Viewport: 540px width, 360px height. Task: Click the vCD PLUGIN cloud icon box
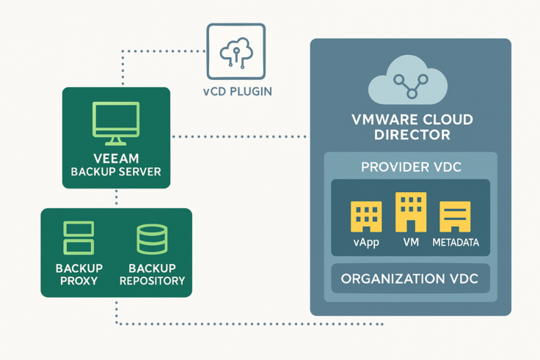coord(236,51)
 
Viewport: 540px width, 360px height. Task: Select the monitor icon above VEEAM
coord(116,123)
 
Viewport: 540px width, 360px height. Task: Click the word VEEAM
coord(116,158)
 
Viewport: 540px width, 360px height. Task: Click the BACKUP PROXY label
coord(79,274)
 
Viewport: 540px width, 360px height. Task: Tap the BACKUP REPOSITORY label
coord(152,274)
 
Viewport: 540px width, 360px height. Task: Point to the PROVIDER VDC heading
coord(411,167)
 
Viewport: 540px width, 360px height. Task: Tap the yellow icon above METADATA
coord(455,217)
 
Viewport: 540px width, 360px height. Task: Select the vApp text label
coord(365,242)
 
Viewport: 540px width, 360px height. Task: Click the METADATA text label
coord(455,242)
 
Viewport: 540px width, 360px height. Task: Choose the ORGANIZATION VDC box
coord(411,279)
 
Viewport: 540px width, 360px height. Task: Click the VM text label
coord(410,242)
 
